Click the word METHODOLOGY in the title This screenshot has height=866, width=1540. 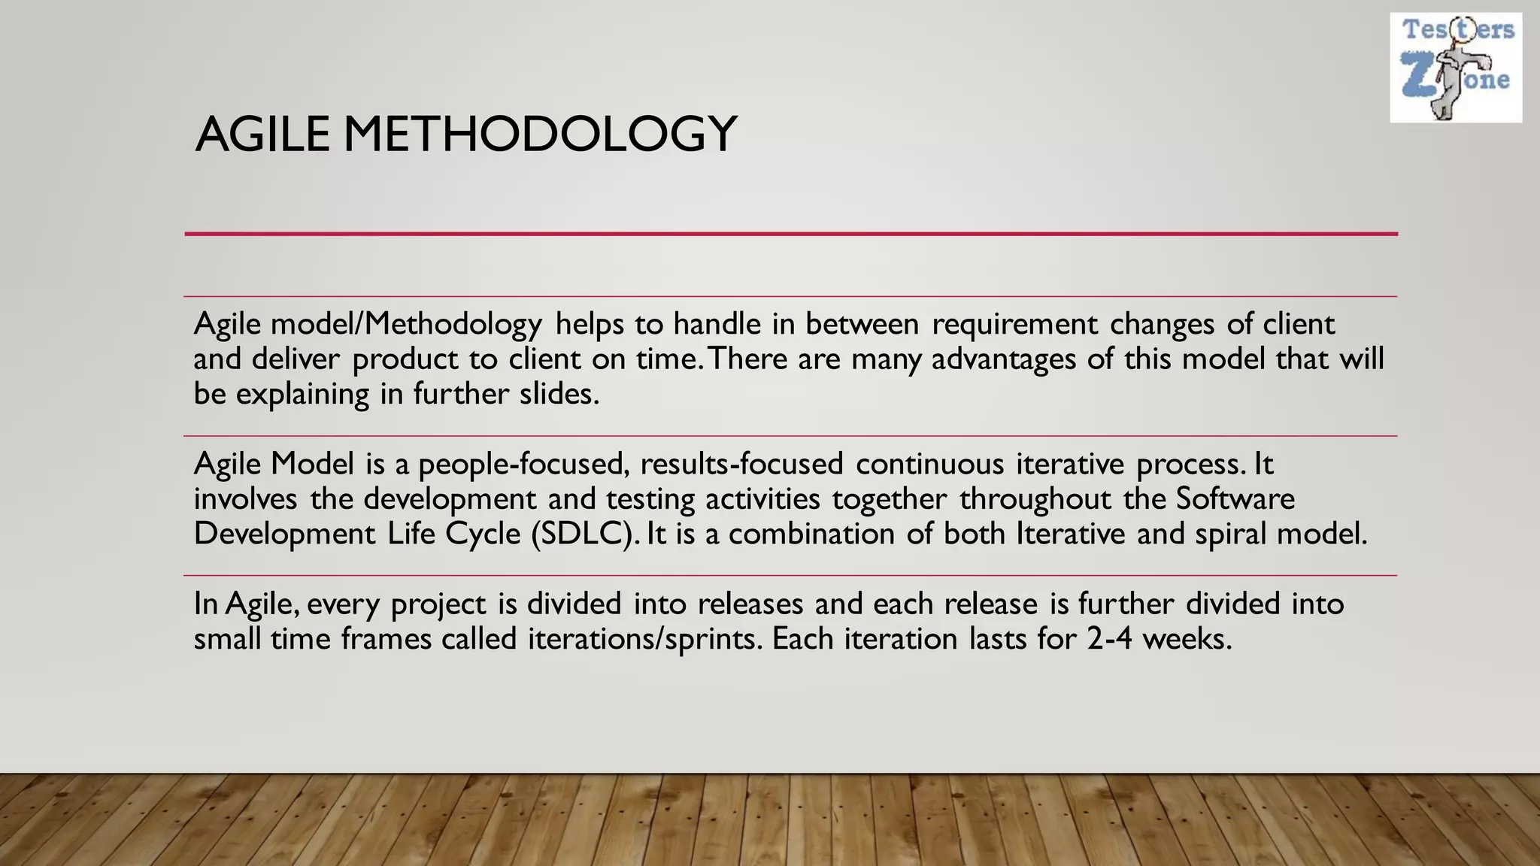click(540, 135)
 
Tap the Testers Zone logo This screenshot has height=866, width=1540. click(1455, 68)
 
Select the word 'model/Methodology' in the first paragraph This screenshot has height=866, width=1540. click(406, 325)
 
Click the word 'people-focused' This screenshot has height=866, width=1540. click(523, 465)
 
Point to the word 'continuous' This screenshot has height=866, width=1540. click(929, 465)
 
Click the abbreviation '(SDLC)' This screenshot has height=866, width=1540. click(586, 534)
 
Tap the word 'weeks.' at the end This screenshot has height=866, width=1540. click(1187, 640)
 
